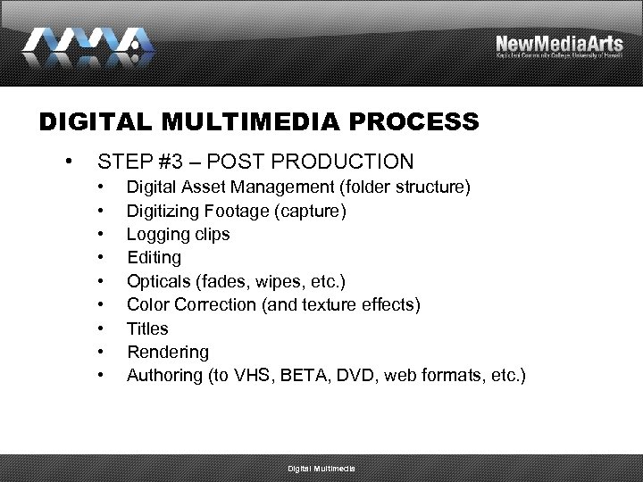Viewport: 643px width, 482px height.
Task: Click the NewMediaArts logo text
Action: click(x=559, y=44)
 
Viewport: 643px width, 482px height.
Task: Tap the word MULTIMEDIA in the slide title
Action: click(x=237, y=121)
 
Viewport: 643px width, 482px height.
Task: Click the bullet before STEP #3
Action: click(x=69, y=162)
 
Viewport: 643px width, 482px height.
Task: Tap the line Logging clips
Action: click(x=178, y=235)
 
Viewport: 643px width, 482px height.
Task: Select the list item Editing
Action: click(x=154, y=258)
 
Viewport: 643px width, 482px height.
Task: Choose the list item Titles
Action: click(x=147, y=328)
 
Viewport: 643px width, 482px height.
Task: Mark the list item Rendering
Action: click(x=168, y=352)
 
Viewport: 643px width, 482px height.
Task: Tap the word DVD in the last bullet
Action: click(x=366, y=375)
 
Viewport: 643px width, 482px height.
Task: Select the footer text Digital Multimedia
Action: click(x=321, y=469)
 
